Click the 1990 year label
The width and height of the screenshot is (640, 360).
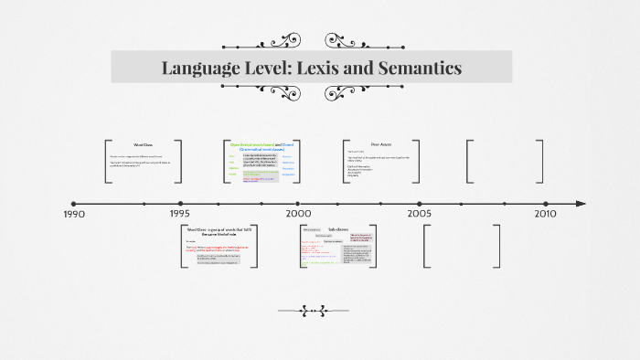(73, 214)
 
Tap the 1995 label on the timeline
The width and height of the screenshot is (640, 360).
(179, 214)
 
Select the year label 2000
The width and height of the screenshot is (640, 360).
(298, 214)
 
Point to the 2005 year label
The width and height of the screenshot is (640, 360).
(420, 214)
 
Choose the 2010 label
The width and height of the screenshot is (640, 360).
(545, 214)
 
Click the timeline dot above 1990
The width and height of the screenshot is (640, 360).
(73, 203)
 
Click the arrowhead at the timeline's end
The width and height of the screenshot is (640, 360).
(581, 203)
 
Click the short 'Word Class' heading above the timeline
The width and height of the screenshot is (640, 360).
(143, 145)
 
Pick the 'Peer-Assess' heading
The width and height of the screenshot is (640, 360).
(381, 143)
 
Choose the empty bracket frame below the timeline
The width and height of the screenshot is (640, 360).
(461, 245)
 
